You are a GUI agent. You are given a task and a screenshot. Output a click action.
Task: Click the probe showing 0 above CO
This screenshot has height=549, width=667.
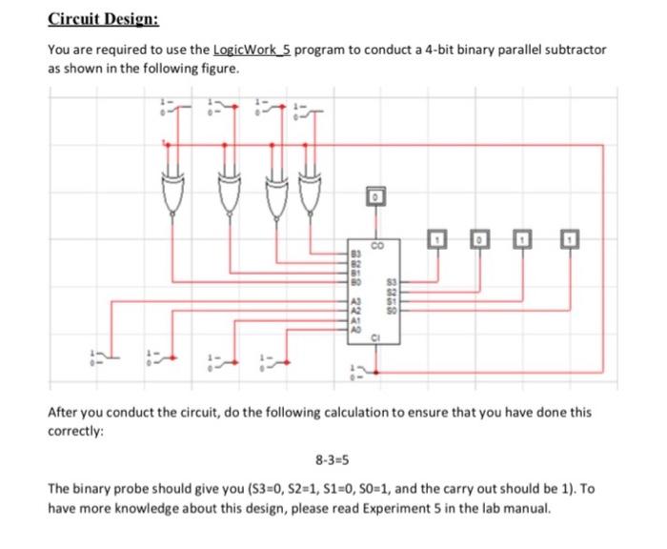(375, 196)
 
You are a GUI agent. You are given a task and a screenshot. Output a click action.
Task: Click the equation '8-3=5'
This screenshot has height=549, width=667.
(332, 457)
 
